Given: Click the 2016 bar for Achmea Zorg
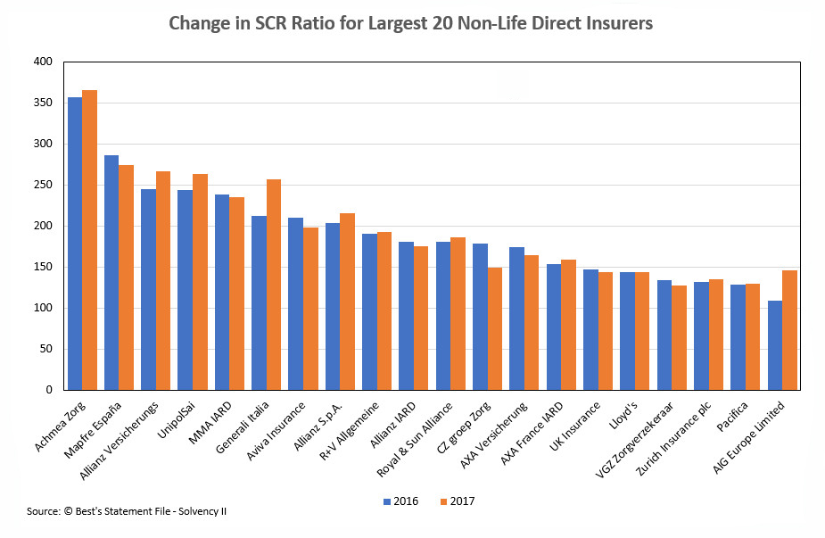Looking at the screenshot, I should [75, 243].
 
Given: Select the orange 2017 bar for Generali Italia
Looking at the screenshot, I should [274, 285].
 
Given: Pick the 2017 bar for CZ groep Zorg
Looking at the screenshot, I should [495, 328].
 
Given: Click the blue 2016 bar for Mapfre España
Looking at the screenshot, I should [111, 272].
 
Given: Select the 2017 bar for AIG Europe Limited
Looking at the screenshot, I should [790, 329].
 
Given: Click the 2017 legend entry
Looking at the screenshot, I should [456, 501].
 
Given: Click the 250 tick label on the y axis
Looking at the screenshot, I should [44, 185].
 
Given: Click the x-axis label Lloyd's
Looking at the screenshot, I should [625, 413].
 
